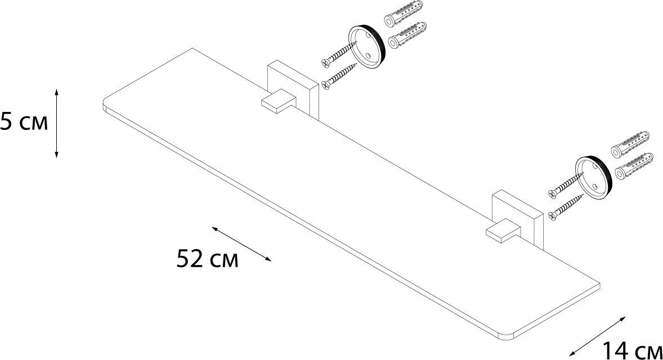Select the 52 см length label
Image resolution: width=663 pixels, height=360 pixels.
[x=207, y=259]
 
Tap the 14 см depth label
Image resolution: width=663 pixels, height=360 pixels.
[x=632, y=350]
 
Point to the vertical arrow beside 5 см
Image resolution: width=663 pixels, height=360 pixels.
[x=57, y=123]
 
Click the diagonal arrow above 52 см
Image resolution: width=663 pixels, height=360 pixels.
[x=241, y=244]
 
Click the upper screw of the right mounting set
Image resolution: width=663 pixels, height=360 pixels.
[x=565, y=185]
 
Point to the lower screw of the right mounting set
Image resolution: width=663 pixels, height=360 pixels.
[x=565, y=206]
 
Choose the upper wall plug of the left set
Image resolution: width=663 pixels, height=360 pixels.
[x=404, y=17]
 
